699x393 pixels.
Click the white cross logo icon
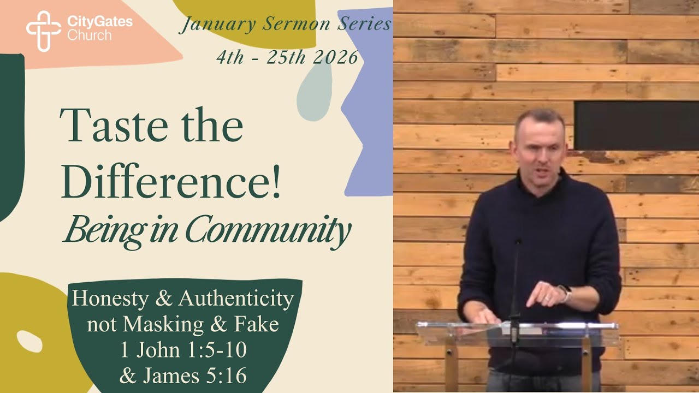coord(44,31)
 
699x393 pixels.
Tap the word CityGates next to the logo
coord(99,22)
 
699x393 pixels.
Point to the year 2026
coord(336,57)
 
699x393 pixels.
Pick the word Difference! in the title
coord(171,182)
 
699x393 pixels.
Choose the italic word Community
coord(268,231)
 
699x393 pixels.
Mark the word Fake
coord(256,325)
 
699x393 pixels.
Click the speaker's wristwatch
coord(565,294)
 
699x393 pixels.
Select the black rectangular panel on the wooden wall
coord(636,124)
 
